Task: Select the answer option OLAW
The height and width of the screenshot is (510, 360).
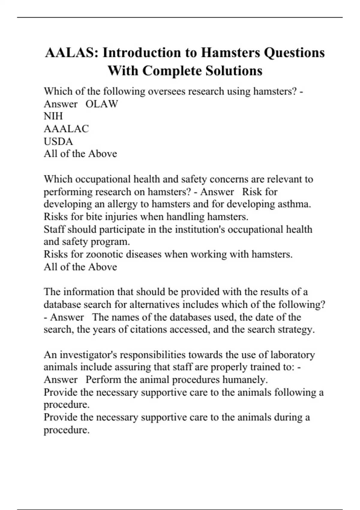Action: pyautogui.click(x=102, y=104)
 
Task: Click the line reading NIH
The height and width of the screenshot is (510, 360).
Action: pyautogui.click(x=53, y=116)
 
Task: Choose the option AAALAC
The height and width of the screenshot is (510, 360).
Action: pyautogui.click(x=66, y=129)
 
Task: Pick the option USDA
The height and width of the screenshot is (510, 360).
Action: pyautogui.click(x=58, y=141)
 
